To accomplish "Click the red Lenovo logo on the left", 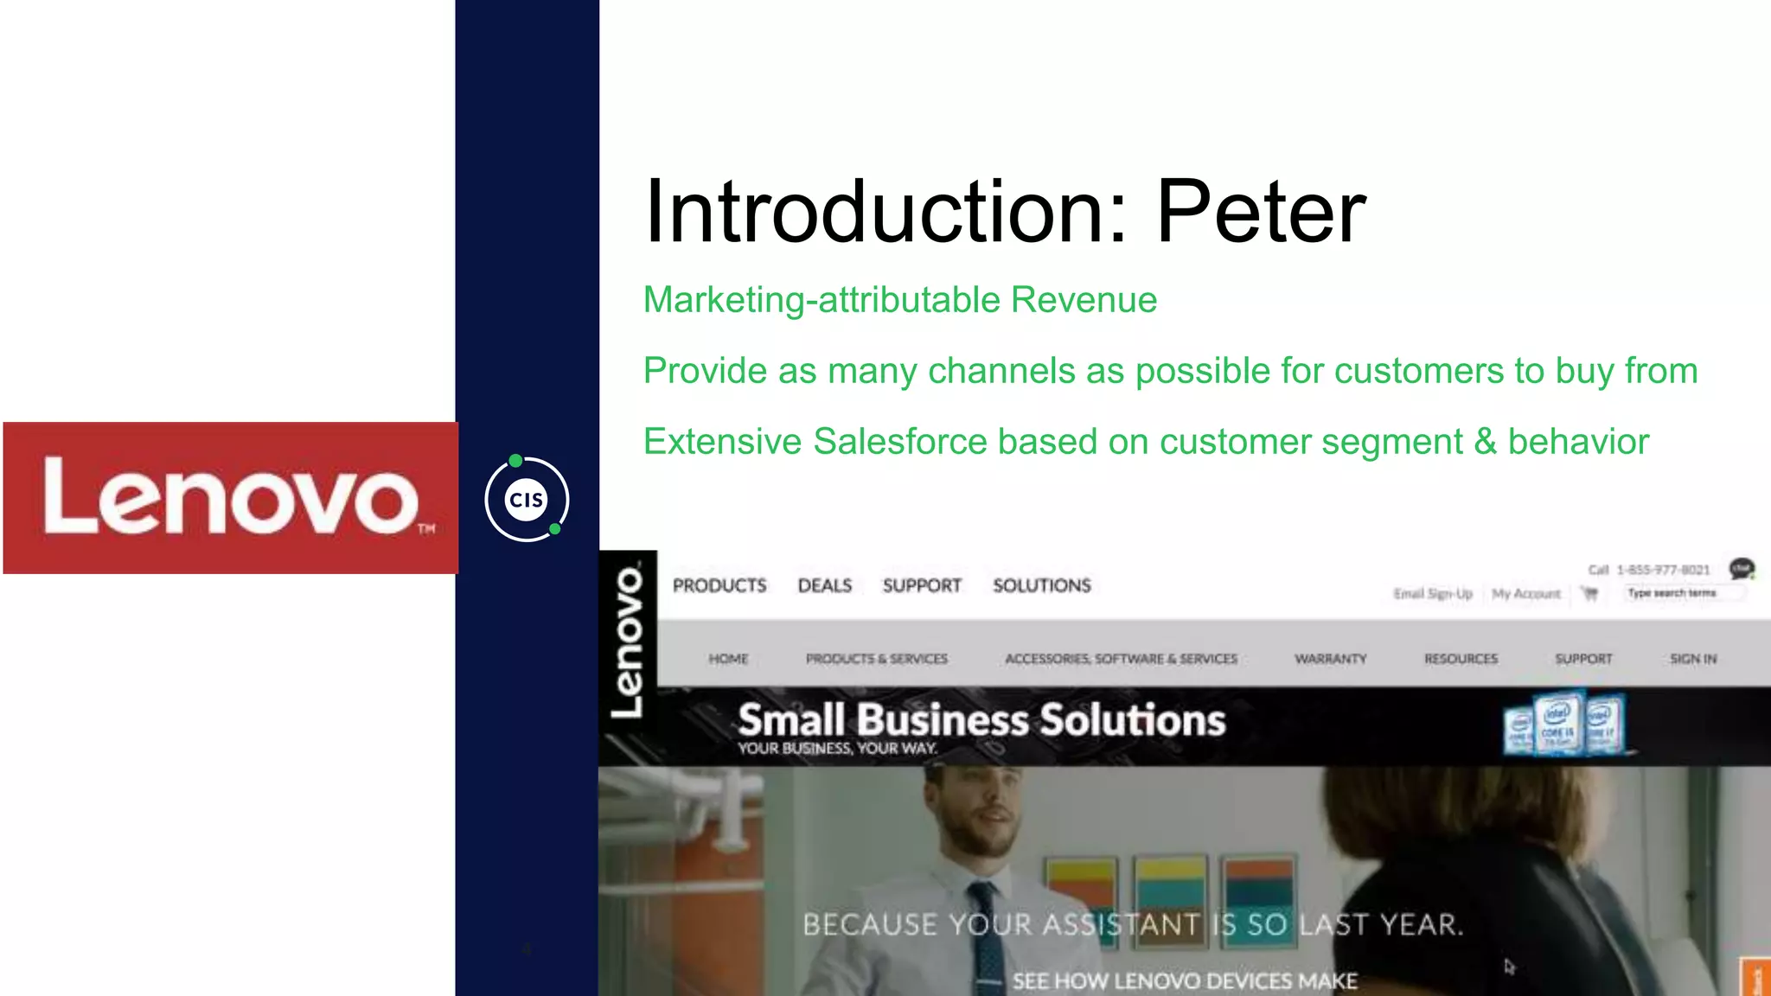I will pyautogui.click(x=231, y=498).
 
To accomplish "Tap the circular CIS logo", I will pyautogui.click(x=527, y=500).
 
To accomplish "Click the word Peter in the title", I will pyautogui.click(x=1261, y=212).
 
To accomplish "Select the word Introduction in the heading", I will pyautogui.click(x=886, y=212).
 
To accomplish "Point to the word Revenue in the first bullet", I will pyautogui.click(x=1084, y=300).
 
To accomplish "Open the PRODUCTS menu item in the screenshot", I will pyautogui.click(x=719, y=586).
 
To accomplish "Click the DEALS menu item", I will pyautogui.click(x=825, y=586).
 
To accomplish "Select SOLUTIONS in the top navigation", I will pyautogui.click(x=1042, y=586).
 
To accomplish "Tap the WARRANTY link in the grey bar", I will pyautogui.click(x=1330, y=659).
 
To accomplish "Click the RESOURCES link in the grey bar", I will pyautogui.click(x=1461, y=659).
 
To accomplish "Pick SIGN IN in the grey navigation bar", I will pyautogui.click(x=1693, y=659).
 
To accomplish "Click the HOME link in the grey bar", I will pyautogui.click(x=728, y=659).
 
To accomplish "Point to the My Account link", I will pyautogui.click(x=1526, y=594).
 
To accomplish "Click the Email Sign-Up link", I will pyautogui.click(x=1433, y=594).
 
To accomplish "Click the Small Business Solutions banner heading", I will pyautogui.click(x=981, y=720).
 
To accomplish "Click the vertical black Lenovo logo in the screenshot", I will pyautogui.click(x=628, y=641).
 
